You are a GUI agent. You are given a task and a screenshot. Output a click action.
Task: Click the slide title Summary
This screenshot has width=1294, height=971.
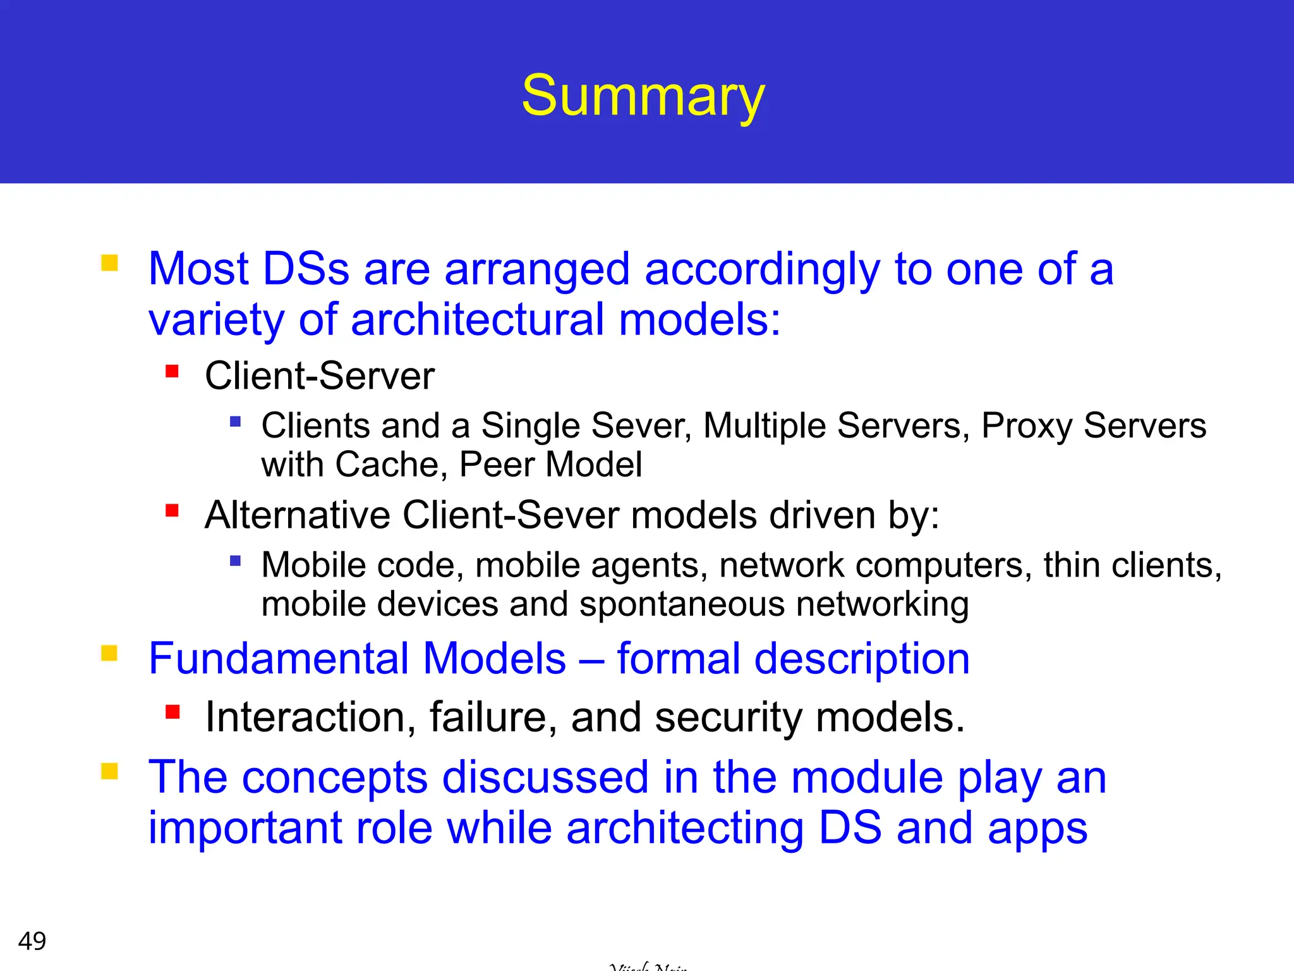pyautogui.click(x=643, y=96)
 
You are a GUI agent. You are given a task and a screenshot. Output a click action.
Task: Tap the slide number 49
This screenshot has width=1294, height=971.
pyautogui.click(x=32, y=941)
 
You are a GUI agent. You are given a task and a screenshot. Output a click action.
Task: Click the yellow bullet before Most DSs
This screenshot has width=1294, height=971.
pyautogui.click(x=110, y=262)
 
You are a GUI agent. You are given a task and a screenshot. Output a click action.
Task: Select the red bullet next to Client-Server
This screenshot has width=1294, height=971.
pyautogui.click(x=172, y=371)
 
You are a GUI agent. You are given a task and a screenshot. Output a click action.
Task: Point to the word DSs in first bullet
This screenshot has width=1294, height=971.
pyautogui.click(x=305, y=269)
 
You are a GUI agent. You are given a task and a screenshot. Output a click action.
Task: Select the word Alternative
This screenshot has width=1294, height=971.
pyautogui.click(x=297, y=515)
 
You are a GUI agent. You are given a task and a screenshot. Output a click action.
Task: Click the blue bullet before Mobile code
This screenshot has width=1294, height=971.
pyautogui.click(x=236, y=561)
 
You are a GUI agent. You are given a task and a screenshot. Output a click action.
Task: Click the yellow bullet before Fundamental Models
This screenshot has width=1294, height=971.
pyautogui.click(x=110, y=652)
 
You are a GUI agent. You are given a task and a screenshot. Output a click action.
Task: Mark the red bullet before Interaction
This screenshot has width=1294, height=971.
pyautogui.click(x=172, y=712)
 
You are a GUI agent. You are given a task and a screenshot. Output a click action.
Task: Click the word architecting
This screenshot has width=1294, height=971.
pyautogui.click(x=684, y=828)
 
